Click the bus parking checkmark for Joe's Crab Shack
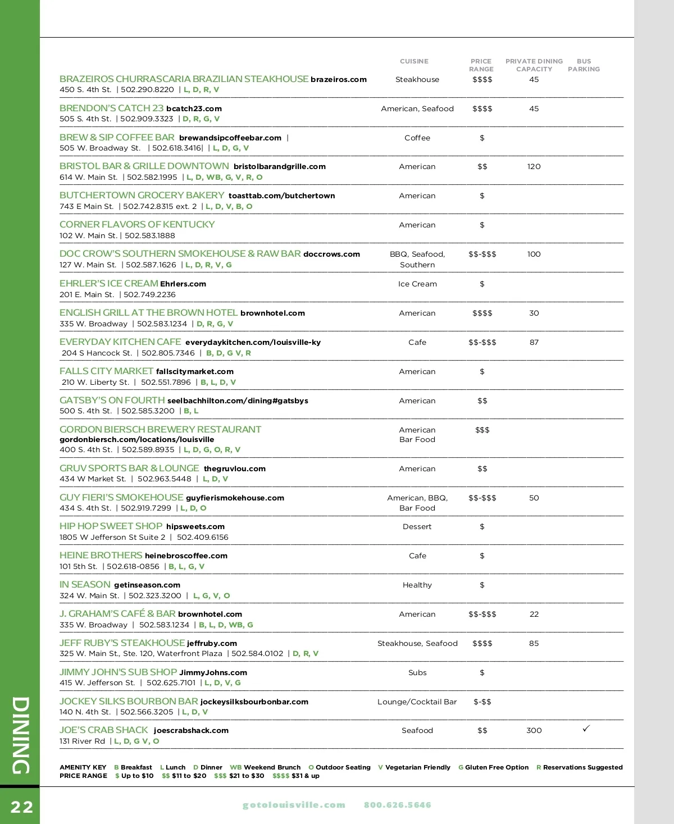click(586, 729)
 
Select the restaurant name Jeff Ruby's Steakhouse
click(122, 643)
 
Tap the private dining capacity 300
click(534, 730)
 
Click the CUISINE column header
click(414, 61)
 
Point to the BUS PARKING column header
click(584, 65)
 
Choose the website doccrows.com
click(331, 254)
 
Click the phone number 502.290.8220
click(147, 89)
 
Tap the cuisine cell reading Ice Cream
click(417, 284)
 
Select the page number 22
click(22, 807)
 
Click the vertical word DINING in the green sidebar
click(21, 735)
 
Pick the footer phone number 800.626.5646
click(398, 805)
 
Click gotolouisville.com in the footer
click(294, 805)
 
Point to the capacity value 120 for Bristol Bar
click(534, 166)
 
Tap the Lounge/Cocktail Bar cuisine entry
click(417, 702)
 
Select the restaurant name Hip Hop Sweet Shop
click(111, 526)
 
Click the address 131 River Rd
click(82, 741)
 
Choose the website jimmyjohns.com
click(213, 672)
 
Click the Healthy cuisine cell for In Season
click(417, 585)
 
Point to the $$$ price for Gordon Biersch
click(482, 430)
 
